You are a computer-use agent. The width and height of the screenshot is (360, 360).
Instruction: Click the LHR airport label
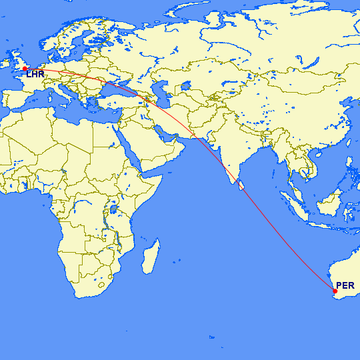click(35, 75)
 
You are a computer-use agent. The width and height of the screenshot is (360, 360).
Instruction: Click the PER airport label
click(345, 286)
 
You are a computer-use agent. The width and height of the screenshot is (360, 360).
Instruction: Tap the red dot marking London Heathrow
click(25, 69)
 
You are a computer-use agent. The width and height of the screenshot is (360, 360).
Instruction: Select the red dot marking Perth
click(335, 291)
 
